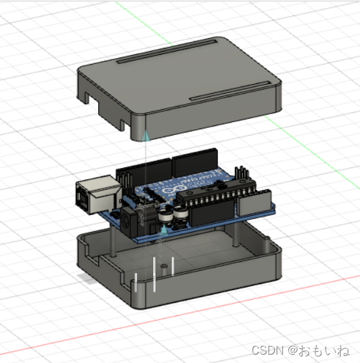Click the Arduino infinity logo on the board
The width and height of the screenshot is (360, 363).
(x=170, y=189)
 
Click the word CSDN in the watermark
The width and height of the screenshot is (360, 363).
(x=266, y=350)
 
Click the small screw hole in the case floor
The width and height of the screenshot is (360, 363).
(x=165, y=265)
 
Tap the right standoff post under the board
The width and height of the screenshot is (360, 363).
(x=237, y=233)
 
